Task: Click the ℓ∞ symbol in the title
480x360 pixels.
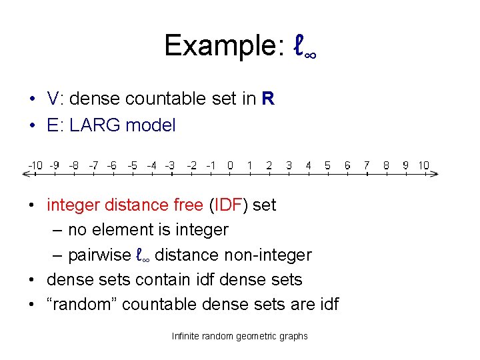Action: click(304, 47)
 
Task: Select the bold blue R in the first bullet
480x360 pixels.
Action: click(268, 99)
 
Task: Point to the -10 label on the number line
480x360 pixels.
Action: click(35, 165)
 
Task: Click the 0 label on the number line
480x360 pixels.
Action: click(230, 165)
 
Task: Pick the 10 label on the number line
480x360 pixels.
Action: click(424, 165)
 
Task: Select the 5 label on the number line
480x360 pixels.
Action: click(327, 165)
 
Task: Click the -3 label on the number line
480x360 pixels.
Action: click(171, 165)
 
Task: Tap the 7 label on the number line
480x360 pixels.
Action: click(367, 165)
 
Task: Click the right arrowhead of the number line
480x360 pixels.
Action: click(435, 174)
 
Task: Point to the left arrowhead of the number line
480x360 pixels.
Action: click(26, 174)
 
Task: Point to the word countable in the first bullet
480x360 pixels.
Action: click(167, 99)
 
